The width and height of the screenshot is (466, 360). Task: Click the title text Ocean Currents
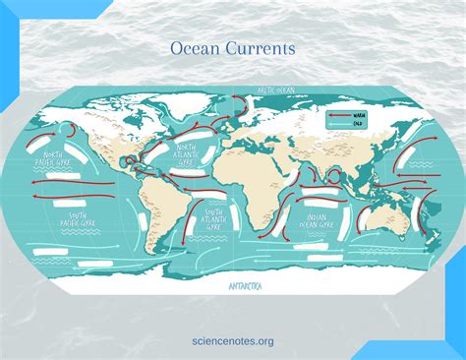(232, 47)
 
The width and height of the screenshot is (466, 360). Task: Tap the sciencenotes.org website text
(232, 340)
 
